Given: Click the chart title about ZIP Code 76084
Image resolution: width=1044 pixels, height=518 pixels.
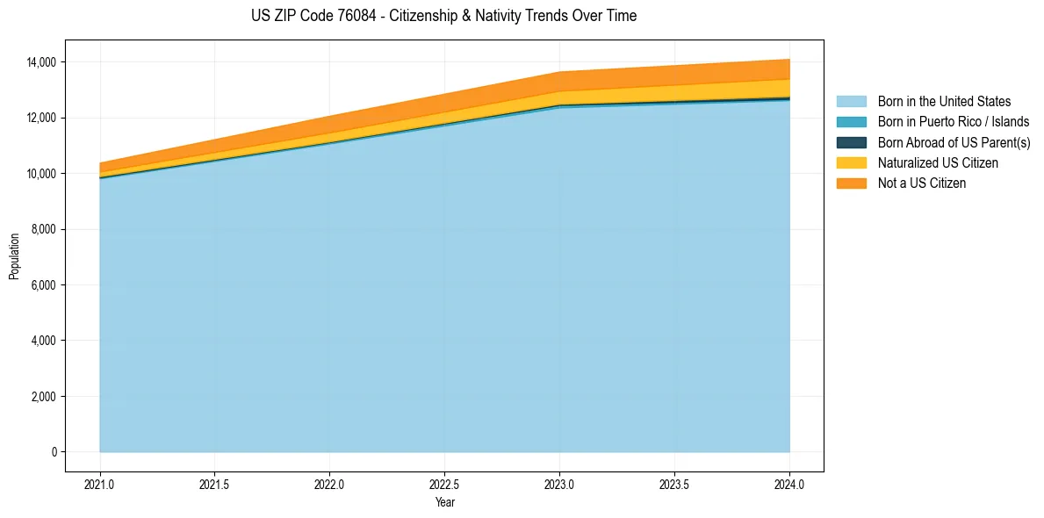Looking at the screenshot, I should pyautogui.click(x=443, y=16).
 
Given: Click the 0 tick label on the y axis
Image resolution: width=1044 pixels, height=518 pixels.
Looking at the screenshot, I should pyautogui.click(x=54, y=452).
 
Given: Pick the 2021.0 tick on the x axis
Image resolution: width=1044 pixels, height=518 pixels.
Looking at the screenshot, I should pyautogui.click(x=100, y=484).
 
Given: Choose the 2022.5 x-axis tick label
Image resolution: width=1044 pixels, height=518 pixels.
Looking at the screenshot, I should pyautogui.click(x=444, y=484).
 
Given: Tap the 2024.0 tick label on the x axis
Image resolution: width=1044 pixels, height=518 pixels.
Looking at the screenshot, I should pyautogui.click(x=789, y=484).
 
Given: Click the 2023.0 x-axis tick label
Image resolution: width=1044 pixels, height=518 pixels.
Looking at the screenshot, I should pyautogui.click(x=559, y=484).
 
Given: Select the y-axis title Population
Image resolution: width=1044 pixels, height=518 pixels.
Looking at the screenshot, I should pyautogui.click(x=14, y=256).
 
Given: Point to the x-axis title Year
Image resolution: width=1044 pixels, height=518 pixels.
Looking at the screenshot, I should pyautogui.click(x=444, y=502).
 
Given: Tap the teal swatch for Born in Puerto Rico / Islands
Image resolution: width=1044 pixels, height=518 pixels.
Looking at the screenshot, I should pyautogui.click(x=851, y=122).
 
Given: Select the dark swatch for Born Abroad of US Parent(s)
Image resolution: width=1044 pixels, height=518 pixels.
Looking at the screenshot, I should pyautogui.click(x=851, y=142).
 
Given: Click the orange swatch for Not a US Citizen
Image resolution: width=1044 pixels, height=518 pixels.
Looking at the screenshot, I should pyautogui.click(x=851, y=183).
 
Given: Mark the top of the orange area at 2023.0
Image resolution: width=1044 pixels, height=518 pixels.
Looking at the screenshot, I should pyautogui.click(x=559, y=72).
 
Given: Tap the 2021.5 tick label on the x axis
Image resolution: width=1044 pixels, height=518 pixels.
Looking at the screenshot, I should pyautogui.click(x=215, y=484).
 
